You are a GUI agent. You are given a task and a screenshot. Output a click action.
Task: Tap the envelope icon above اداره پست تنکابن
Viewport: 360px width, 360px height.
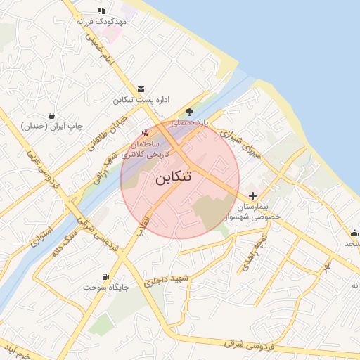(x=141, y=89)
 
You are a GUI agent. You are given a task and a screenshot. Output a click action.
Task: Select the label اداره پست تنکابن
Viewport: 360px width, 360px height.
(x=141, y=100)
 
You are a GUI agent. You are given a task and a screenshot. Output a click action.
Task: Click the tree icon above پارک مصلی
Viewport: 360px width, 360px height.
(x=190, y=112)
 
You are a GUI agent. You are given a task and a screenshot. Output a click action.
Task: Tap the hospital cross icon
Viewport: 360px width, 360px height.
(x=252, y=196)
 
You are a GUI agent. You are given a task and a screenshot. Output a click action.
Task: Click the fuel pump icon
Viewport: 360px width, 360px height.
(x=105, y=276)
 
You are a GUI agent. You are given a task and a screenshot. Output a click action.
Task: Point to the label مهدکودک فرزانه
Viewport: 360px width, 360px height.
(x=102, y=22)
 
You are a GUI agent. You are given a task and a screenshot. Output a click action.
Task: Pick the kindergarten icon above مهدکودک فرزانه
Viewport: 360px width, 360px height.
(x=102, y=11)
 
